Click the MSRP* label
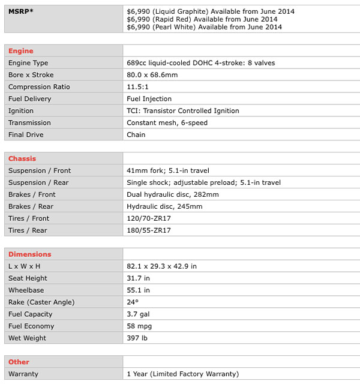coord(20,11)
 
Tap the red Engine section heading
coord(21,51)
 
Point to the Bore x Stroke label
coord(31,75)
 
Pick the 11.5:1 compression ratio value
coord(139,87)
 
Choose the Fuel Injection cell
coord(149,99)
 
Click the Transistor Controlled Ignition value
coord(183,111)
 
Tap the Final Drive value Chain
coord(136,135)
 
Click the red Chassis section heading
coord(22,159)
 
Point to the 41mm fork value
coord(167,171)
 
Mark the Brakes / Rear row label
coord(31,206)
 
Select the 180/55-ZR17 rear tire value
coord(149,230)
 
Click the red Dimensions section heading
coord(29,254)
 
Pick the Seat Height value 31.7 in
coord(138,278)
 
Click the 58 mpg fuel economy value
coord(139,326)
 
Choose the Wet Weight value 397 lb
coord(137,338)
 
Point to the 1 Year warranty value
coord(182,374)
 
